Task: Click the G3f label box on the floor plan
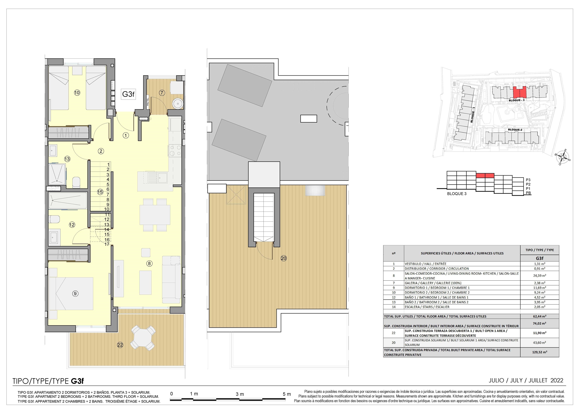128,94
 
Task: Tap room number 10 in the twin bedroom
77,93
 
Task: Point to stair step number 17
107,244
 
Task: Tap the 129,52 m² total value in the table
540,352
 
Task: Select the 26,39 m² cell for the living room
540,276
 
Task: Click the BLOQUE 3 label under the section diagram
457,194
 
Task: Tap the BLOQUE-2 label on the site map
515,130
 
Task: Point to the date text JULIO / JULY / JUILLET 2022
526,380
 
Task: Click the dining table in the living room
155,215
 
